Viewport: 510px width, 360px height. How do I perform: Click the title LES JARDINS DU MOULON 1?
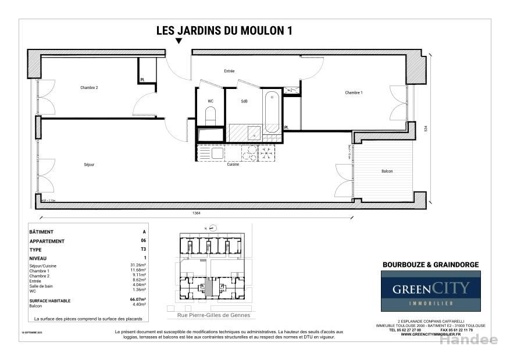click(224, 31)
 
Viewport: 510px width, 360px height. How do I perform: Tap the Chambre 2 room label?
click(89, 88)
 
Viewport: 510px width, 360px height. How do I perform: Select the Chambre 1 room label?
click(354, 93)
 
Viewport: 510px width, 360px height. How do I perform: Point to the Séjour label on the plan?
click(89, 165)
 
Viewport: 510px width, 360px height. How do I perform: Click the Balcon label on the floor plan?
click(387, 171)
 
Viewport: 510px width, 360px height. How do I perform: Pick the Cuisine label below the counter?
click(233, 165)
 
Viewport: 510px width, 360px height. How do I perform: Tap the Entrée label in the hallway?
click(229, 71)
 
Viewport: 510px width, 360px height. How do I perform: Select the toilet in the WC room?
click(211, 115)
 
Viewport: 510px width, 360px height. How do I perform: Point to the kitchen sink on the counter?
click(217, 153)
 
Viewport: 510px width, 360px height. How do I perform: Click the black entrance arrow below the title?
click(179, 41)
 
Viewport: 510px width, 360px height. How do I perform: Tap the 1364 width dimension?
click(197, 213)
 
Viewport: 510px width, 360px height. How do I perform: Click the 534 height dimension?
click(426, 129)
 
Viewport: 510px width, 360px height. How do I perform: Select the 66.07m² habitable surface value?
click(138, 301)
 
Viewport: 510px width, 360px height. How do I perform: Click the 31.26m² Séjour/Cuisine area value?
click(138, 266)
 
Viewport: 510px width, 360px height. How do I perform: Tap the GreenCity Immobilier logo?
click(430, 291)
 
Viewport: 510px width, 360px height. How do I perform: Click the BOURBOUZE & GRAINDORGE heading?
click(430, 265)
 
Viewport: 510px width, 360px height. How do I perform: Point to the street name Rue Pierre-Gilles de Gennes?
click(209, 315)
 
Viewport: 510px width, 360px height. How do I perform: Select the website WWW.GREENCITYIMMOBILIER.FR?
click(430, 334)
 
